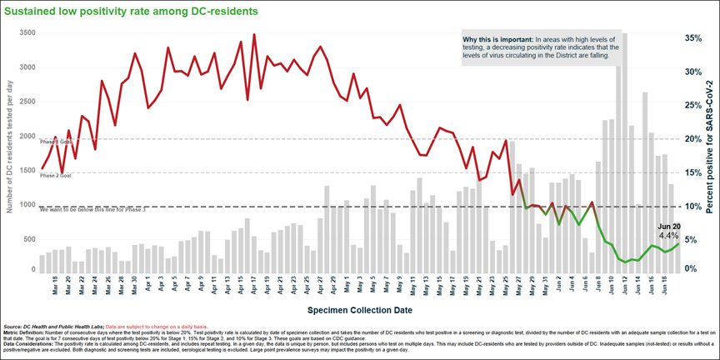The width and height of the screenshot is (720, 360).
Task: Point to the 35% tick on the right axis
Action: point(696,38)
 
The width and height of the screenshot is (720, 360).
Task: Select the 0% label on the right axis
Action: point(692,267)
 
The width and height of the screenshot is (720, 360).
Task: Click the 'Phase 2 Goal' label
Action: point(56,176)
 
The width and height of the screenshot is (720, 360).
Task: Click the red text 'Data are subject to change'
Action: point(174,326)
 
